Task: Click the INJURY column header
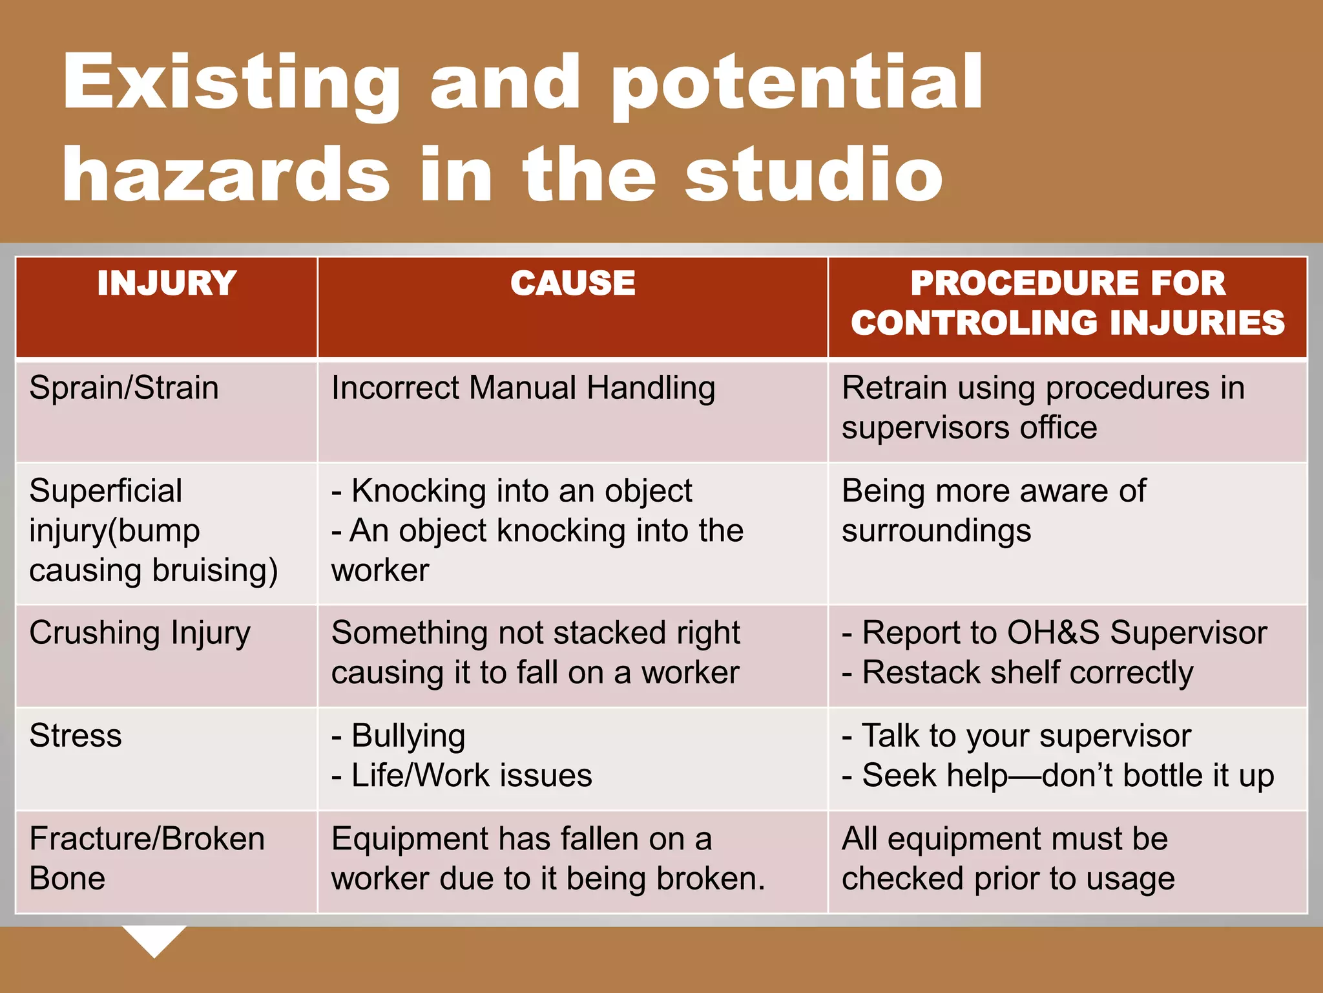pyautogui.click(x=167, y=284)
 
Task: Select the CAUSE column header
pyautogui.click(x=572, y=284)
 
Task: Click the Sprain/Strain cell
pyautogui.click(x=124, y=389)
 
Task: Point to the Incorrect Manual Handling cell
pyautogui.click(x=523, y=389)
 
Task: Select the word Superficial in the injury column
pyautogui.click(x=106, y=491)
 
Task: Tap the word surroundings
pyautogui.click(x=936, y=531)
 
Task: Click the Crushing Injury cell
pyautogui.click(x=140, y=634)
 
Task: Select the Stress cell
pyautogui.click(x=76, y=736)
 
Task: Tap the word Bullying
pyautogui.click(x=408, y=736)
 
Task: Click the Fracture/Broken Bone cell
pyautogui.click(x=147, y=859)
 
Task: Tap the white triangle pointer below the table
pyautogui.click(x=154, y=939)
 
